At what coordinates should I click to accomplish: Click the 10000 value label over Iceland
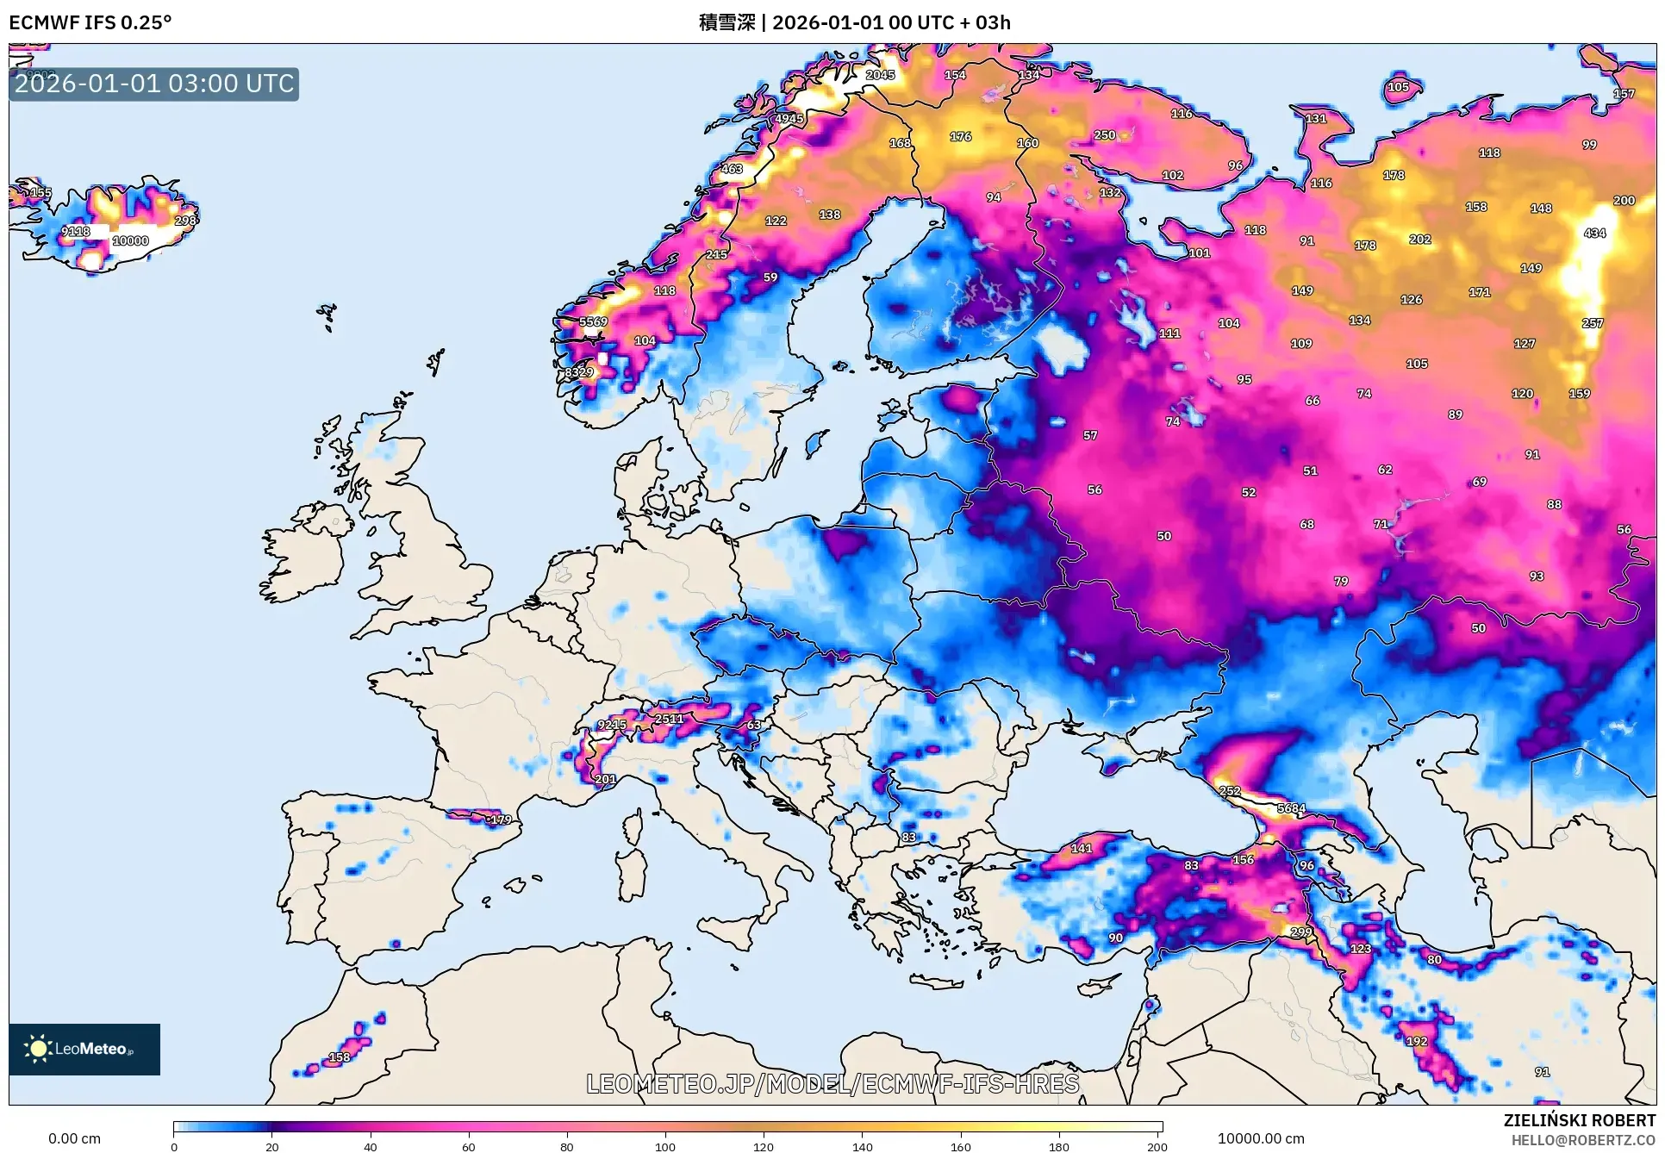(x=130, y=241)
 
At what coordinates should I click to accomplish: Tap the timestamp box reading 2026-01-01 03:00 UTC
(x=154, y=84)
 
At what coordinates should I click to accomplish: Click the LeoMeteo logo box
(x=84, y=1049)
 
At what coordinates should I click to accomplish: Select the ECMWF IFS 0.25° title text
(x=90, y=22)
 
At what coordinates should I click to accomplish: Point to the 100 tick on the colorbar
(x=664, y=1145)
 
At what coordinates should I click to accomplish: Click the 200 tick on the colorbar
(x=1157, y=1145)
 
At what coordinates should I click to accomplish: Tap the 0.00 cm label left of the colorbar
(x=74, y=1138)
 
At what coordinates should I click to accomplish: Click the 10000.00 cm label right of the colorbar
(x=1261, y=1138)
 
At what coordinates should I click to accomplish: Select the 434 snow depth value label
(x=1594, y=234)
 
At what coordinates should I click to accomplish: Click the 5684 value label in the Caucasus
(x=1291, y=809)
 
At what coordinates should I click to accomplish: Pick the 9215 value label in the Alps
(x=612, y=725)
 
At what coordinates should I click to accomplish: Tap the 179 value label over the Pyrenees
(x=501, y=820)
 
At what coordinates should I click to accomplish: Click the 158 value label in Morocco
(x=340, y=1057)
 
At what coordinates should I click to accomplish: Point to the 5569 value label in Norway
(x=593, y=321)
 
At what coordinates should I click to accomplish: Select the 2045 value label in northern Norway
(x=880, y=75)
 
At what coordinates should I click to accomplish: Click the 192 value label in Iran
(x=1417, y=1041)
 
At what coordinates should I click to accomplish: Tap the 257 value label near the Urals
(x=1593, y=323)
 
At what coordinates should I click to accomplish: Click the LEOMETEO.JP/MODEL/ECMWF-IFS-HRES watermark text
(x=832, y=1083)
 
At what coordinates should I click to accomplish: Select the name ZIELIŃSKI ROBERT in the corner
(x=1579, y=1120)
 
